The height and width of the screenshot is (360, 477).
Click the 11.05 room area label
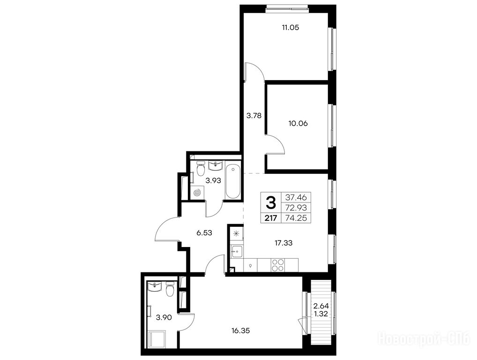click(x=291, y=28)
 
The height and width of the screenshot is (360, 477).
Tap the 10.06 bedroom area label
click(x=298, y=124)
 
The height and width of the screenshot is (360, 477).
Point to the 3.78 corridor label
click(x=253, y=116)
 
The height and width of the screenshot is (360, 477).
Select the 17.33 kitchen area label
click(x=283, y=243)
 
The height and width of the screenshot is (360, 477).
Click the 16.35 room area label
click(x=240, y=330)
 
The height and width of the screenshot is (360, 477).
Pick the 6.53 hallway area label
click(x=204, y=233)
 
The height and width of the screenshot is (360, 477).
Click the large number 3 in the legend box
click(x=271, y=202)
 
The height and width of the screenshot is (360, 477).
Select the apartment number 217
click(x=271, y=218)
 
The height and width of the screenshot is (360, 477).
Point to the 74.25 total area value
click(x=296, y=218)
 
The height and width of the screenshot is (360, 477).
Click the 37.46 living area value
click(x=296, y=197)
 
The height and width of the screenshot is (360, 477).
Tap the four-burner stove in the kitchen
click(x=278, y=265)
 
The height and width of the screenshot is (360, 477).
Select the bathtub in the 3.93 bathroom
click(x=233, y=181)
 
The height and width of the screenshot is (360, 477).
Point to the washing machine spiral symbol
click(x=197, y=193)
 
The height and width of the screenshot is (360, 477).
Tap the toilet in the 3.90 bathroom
click(x=170, y=289)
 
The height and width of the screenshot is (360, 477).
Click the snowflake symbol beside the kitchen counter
click(x=236, y=234)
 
